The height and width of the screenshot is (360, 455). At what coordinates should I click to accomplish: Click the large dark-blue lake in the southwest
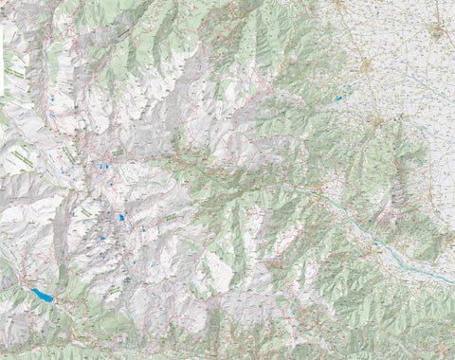(42, 296)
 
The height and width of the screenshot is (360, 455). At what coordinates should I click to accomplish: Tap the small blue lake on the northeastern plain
(337, 98)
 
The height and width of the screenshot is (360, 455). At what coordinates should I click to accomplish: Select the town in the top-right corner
(435, 30)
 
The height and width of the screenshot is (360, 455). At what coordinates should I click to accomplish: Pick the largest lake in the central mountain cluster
(121, 218)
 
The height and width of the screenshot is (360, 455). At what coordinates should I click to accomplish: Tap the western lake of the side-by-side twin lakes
(100, 167)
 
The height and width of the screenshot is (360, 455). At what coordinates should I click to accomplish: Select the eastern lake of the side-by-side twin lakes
(107, 167)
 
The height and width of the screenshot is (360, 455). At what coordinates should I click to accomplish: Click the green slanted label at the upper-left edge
(13, 71)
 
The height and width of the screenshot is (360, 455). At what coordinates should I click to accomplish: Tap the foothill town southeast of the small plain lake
(376, 122)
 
